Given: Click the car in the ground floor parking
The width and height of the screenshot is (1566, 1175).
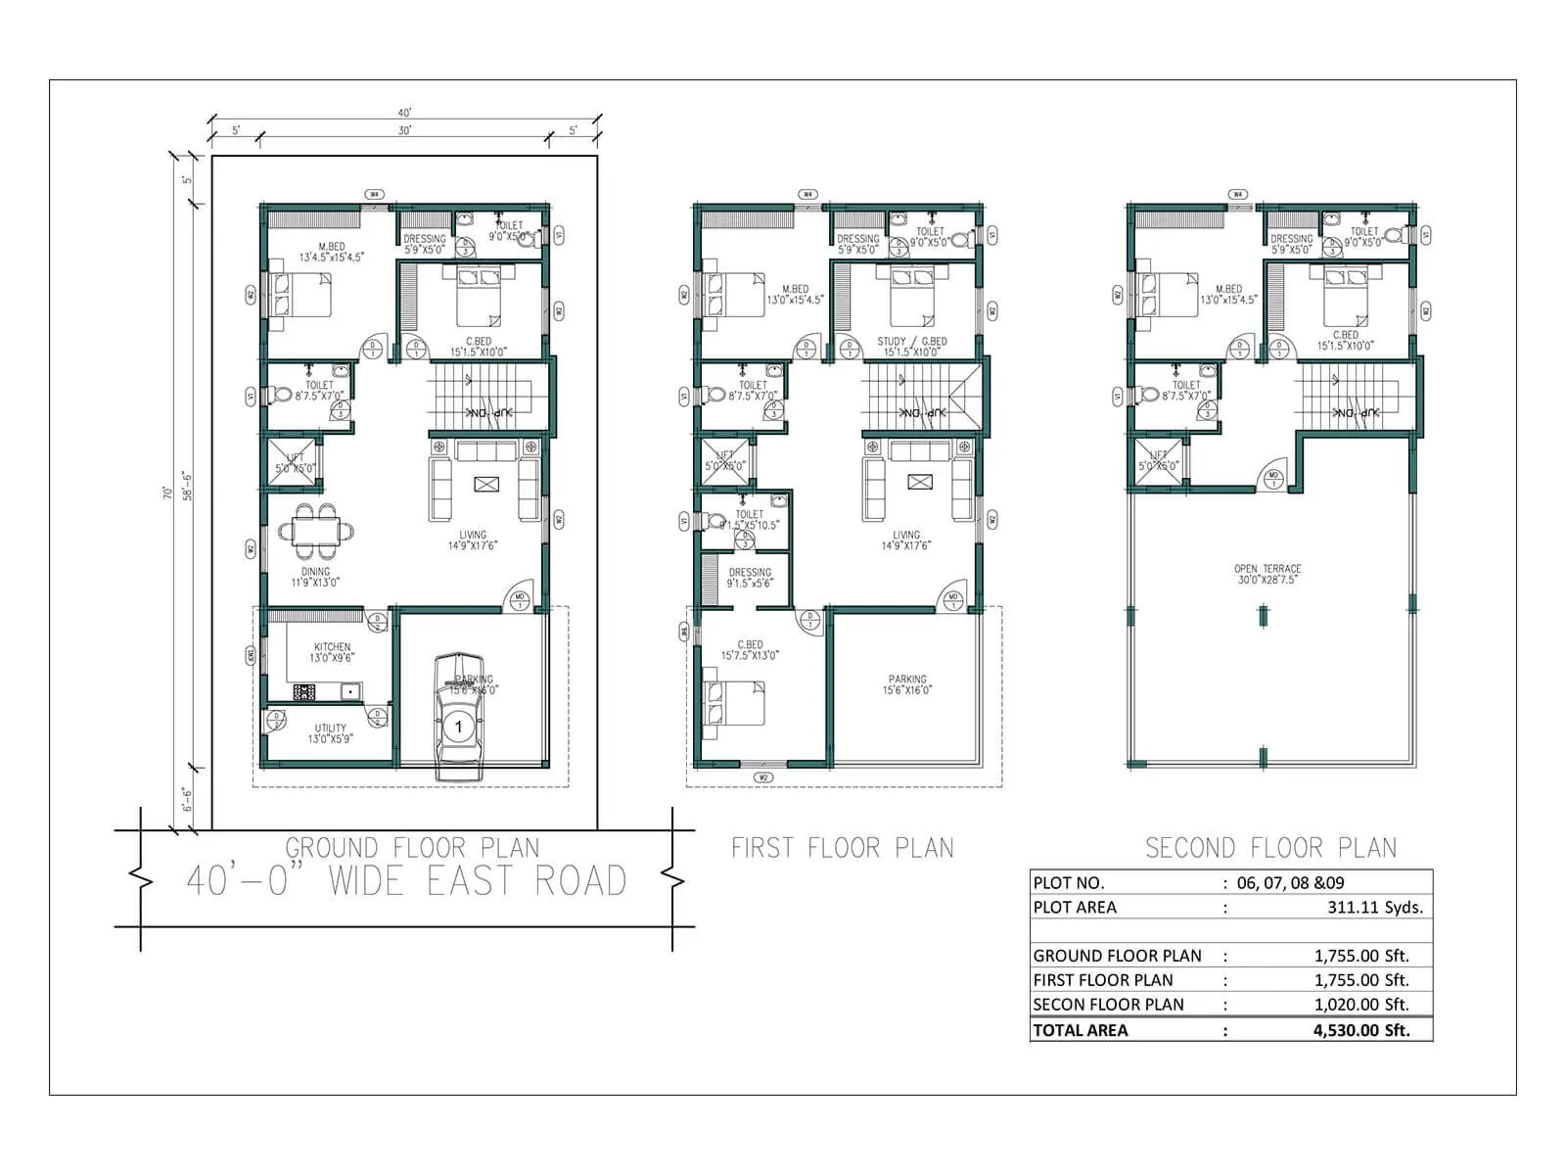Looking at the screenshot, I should tap(457, 718).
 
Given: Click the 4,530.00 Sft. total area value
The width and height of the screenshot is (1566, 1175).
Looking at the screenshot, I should tap(1361, 1030).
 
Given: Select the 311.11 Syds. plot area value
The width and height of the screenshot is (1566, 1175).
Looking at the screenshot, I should tap(1375, 907).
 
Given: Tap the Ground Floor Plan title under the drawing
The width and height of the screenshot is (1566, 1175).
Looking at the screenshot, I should tap(412, 847).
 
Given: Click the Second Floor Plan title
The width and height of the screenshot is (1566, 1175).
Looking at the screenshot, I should tap(1270, 847).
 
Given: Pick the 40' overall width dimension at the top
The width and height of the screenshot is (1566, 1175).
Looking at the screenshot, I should tap(404, 114).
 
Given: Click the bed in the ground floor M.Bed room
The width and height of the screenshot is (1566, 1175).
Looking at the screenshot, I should tap(300, 295).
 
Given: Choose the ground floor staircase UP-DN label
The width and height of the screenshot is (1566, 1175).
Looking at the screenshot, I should tap(485, 413).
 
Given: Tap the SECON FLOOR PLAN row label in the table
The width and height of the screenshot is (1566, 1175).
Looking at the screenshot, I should tap(1108, 1005).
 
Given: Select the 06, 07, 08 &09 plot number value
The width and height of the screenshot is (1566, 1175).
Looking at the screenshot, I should tap(1290, 882).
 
